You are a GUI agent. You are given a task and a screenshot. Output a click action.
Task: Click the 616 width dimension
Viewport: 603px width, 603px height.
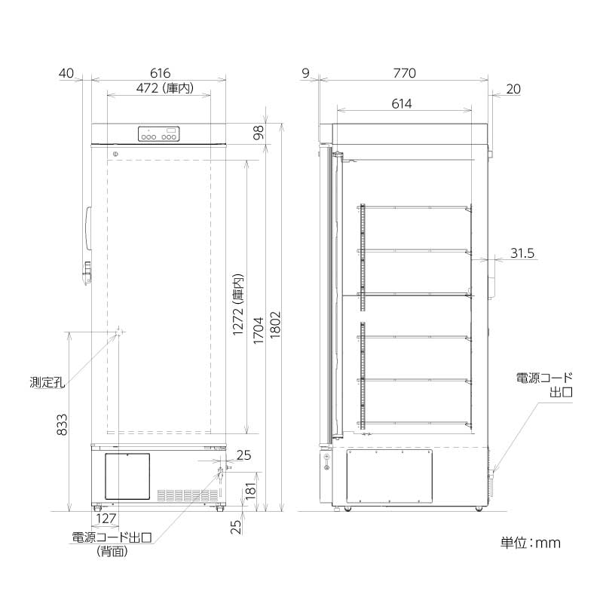pos(159,73)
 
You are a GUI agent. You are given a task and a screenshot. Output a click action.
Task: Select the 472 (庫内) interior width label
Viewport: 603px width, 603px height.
pos(158,89)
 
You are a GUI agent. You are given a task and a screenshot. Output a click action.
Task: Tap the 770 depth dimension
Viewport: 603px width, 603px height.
pos(404,73)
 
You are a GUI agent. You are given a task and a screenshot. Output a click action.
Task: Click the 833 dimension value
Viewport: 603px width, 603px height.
pos(61,428)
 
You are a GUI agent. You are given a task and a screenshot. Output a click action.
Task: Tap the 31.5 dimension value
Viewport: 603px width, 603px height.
pos(522,254)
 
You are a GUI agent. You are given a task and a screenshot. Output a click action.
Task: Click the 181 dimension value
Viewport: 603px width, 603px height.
pos(240,494)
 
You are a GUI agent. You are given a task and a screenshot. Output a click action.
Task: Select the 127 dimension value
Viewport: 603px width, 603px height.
pos(106,519)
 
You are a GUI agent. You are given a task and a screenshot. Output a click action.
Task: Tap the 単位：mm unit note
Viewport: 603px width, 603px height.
pos(531,542)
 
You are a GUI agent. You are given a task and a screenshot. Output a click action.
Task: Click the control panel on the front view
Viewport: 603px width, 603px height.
pos(159,134)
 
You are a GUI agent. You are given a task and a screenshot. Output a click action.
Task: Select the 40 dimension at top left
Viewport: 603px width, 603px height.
pos(66,73)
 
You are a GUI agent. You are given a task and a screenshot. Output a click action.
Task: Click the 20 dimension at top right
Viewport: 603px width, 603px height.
pos(513,89)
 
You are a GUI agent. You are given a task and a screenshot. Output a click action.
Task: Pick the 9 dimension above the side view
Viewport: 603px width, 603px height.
pos(305,73)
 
